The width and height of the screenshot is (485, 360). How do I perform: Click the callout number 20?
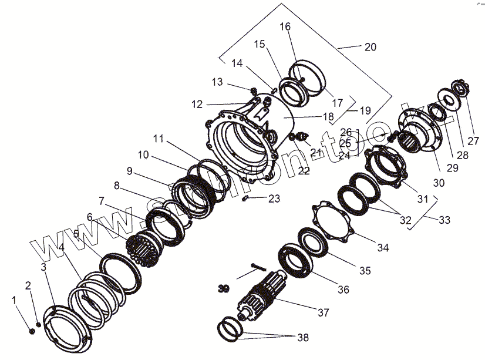pos(370,47)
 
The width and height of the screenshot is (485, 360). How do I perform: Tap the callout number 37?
pos(323,312)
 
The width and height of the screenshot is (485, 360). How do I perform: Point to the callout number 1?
pos(15,300)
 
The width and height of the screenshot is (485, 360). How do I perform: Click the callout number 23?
pos(274,198)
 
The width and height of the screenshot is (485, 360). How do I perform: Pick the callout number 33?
pos(444,220)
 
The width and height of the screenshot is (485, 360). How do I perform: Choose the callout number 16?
pos(285,26)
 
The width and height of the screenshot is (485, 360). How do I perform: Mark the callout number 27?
pos(473,141)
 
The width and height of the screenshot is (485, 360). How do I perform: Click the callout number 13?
pos(218,82)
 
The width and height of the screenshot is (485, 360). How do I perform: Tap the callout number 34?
pos(383,248)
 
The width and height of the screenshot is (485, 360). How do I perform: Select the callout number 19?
pos(365,110)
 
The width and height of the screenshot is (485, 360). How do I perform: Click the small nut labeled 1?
pos(32,331)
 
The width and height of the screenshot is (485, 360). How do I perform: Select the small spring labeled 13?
pos(254,91)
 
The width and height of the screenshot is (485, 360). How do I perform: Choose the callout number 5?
pos(76,234)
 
